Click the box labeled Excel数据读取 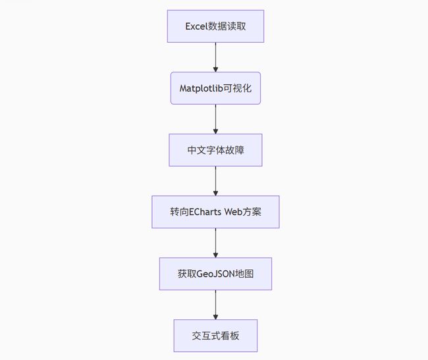215,26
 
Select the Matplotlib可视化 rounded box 215,88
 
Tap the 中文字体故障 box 215,150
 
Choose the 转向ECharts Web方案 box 215,212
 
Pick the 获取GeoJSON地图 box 215,274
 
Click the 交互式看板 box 215,336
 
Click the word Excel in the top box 196,26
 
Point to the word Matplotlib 201,88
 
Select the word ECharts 205,212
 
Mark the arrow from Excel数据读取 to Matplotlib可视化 215,57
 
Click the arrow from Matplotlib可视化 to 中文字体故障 215,119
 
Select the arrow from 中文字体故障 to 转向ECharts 215,181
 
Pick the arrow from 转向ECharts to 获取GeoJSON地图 215,243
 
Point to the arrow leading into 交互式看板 215,305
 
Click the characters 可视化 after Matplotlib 238,88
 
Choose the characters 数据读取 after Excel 227,26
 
